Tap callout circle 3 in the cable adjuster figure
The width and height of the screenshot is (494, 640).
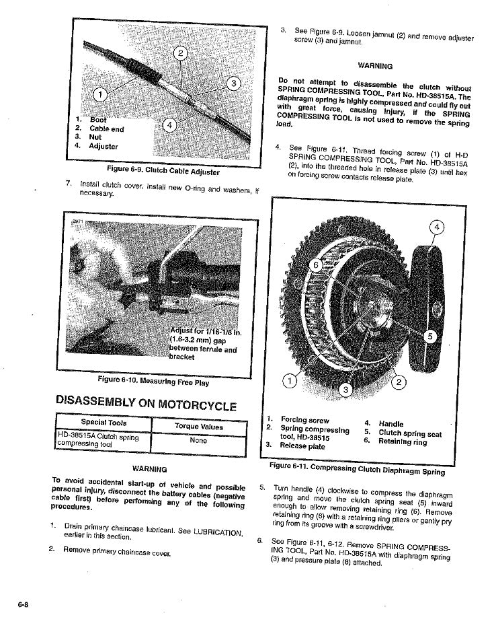coord(233,83)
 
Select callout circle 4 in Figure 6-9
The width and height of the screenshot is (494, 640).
coord(171,125)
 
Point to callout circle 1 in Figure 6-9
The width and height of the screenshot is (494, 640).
coord(98,94)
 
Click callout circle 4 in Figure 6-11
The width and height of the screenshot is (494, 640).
coord(436,227)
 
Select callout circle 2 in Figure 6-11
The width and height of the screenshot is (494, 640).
coord(398,383)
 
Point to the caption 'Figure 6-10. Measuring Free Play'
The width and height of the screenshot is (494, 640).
coord(153,382)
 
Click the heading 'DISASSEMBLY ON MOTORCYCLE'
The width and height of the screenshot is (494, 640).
coord(147,405)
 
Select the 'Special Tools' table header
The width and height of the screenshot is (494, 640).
coord(104,423)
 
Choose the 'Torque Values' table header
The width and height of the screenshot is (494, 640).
coord(198,427)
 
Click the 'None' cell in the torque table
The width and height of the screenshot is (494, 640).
coord(198,441)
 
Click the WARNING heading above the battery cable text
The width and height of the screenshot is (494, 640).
coord(150,468)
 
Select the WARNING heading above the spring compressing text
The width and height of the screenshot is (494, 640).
coord(375,66)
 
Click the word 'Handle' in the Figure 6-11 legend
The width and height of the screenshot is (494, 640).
coord(391,424)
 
